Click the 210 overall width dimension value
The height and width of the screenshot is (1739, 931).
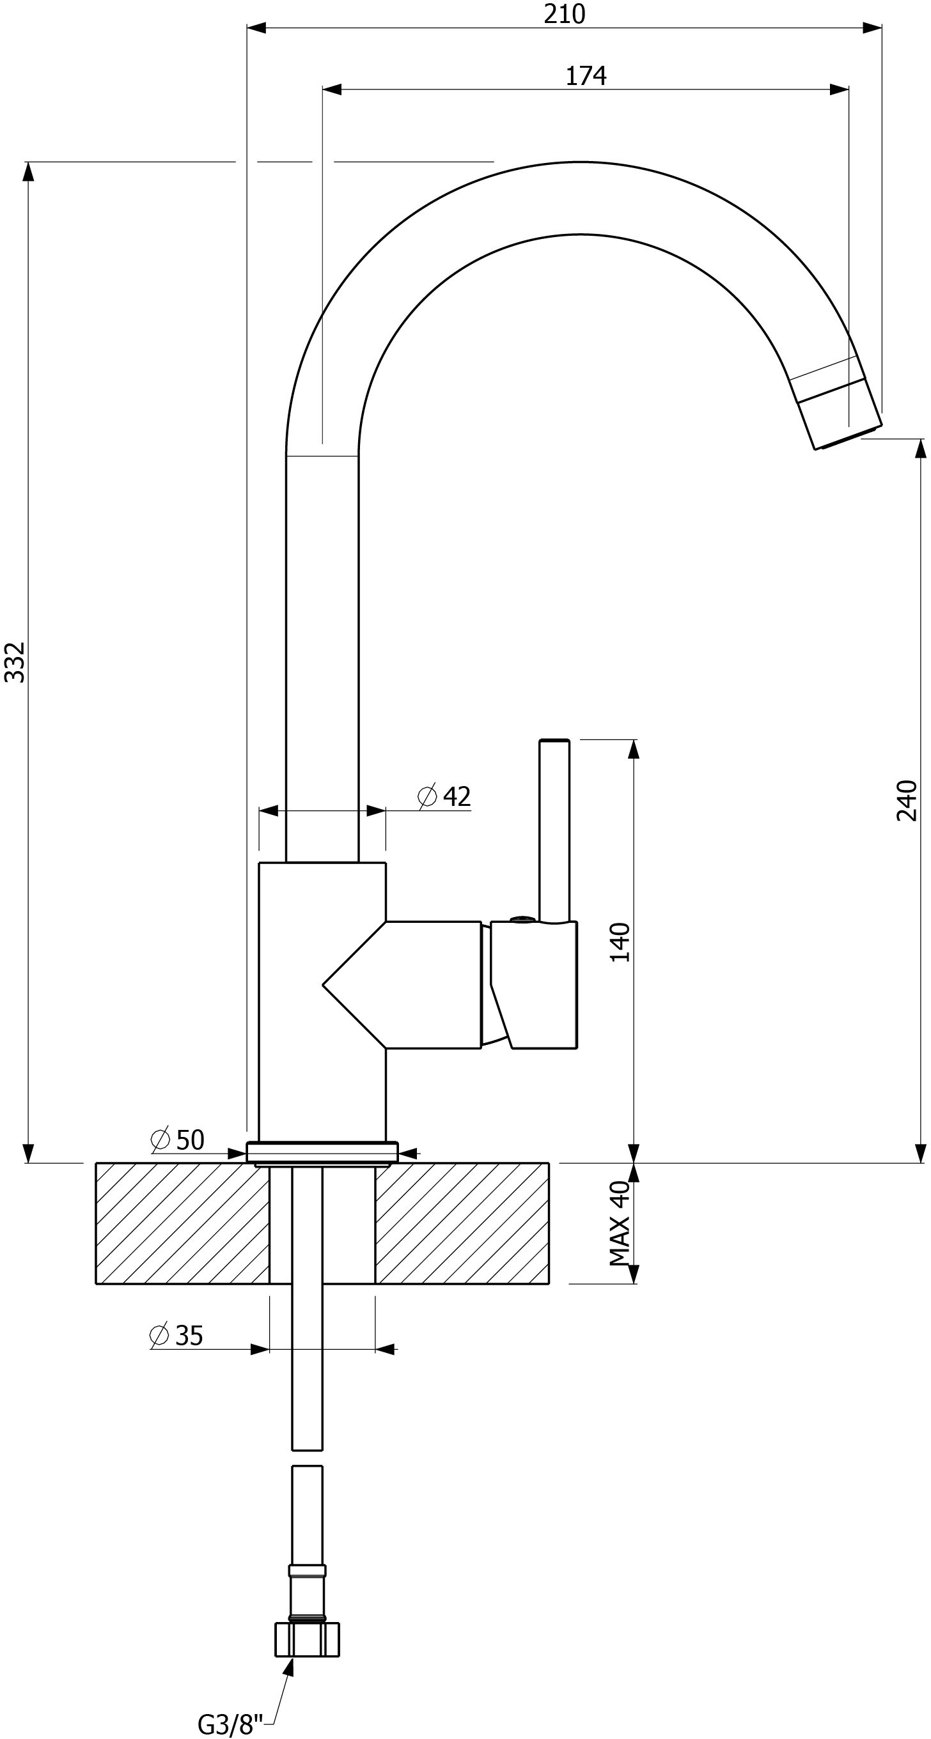point(564,13)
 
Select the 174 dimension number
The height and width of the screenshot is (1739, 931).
point(586,75)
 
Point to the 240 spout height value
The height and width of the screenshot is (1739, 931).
point(907,800)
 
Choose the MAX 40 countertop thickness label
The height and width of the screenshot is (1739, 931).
point(620,1223)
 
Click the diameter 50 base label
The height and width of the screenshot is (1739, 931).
point(178,1140)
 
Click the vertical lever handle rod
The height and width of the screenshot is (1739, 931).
point(554,830)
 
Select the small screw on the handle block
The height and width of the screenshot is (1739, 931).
point(523,919)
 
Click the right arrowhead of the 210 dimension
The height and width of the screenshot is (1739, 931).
point(872,27)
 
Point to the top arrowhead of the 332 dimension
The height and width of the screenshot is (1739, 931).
point(27,171)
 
